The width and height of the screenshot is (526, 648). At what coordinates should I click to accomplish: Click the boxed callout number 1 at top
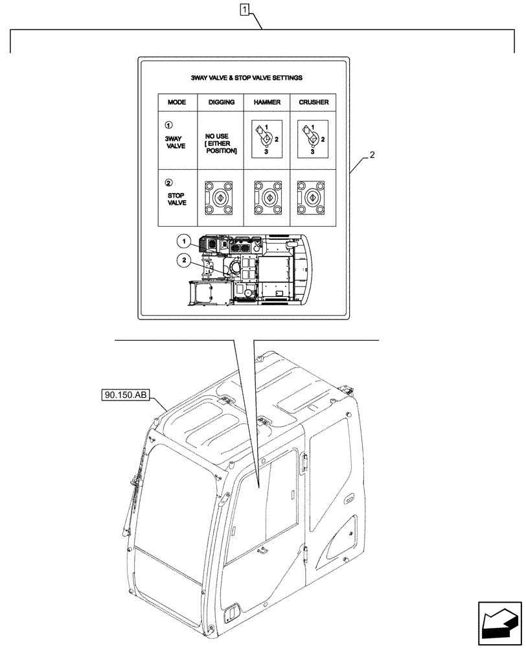[x=244, y=10]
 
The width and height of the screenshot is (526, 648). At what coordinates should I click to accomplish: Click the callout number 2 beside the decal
[x=371, y=156]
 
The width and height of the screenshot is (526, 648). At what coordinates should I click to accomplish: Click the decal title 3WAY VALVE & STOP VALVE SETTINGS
[x=246, y=77]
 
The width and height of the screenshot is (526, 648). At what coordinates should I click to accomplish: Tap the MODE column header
[x=177, y=102]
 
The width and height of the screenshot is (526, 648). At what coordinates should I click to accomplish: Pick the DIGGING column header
[x=221, y=102]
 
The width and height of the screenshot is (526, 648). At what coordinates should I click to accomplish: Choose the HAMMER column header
[x=267, y=102]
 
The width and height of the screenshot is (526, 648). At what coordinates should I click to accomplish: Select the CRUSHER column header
[x=313, y=102]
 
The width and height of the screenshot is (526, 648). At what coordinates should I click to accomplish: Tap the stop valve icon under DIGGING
[x=221, y=197]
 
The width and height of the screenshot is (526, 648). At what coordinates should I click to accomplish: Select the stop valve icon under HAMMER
[x=267, y=197]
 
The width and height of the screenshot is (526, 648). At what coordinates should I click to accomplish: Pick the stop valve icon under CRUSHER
[x=312, y=197]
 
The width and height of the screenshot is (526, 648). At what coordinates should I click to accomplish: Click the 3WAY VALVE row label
[x=176, y=142]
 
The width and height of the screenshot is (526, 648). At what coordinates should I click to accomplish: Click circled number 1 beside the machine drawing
[x=184, y=242]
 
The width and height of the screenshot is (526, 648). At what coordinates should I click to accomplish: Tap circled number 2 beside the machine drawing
[x=184, y=260]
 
